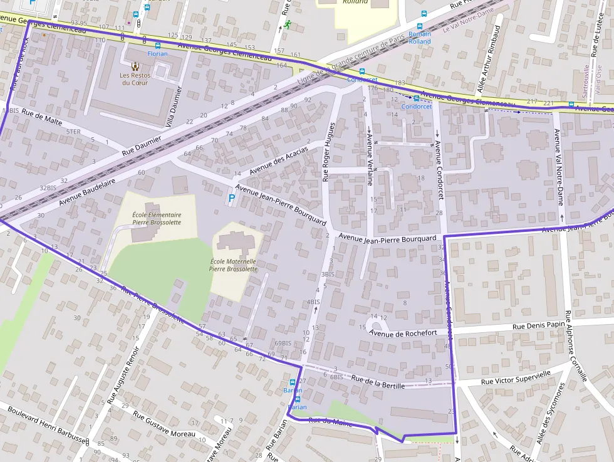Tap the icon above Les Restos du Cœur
pyautogui.click(x=135, y=66)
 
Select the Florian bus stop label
pyautogui.click(x=157, y=54)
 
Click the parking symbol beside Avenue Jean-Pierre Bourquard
pyautogui.click(x=232, y=199)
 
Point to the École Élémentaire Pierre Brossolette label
pyautogui.click(x=157, y=218)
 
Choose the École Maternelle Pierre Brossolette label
pyautogui.click(x=233, y=265)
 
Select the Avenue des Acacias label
pyautogui.click(x=279, y=161)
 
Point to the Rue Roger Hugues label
pyautogui.click(x=328, y=152)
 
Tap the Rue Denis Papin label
pyautogui.click(x=538, y=325)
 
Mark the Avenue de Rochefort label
pyautogui.click(x=403, y=333)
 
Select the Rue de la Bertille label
pyautogui.click(x=378, y=382)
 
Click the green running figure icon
pyautogui.click(x=287, y=24)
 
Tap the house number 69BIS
pyautogui.click(x=283, y=343)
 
